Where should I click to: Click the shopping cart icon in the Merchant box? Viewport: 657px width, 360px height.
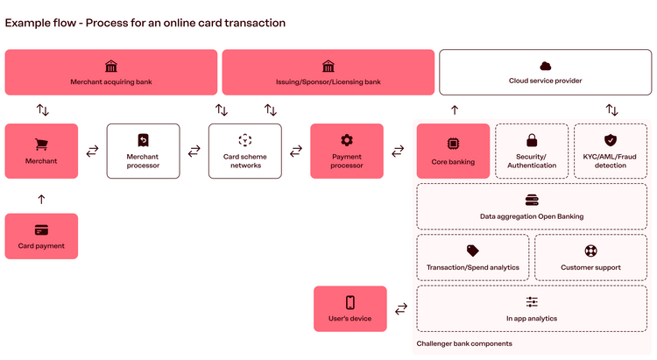41,144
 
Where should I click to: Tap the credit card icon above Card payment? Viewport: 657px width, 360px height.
41,230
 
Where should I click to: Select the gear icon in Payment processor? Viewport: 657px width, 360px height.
347,140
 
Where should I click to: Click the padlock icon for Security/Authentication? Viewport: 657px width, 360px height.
531,140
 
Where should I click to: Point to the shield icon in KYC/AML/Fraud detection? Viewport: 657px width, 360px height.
611,140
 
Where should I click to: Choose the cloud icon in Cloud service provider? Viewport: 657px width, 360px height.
545,66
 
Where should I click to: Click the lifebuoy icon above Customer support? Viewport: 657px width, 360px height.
590,251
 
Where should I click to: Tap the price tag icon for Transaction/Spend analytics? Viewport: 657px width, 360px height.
473,251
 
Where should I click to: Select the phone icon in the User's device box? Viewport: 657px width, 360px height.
350,302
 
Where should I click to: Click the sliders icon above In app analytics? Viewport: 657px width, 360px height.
532,302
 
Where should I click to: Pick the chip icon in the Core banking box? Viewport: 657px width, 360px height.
453,143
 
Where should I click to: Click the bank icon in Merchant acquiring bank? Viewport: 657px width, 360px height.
111,67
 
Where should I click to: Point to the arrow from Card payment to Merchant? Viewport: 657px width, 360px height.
41,200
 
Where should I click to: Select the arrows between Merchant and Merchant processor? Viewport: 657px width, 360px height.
92,151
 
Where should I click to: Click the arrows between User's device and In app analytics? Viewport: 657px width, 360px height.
401,308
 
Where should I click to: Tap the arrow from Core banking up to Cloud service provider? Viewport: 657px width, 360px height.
454,110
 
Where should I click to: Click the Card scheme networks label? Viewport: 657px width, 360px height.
245,161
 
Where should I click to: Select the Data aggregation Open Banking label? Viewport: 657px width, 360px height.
532,216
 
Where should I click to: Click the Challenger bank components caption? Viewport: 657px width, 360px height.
464,343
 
